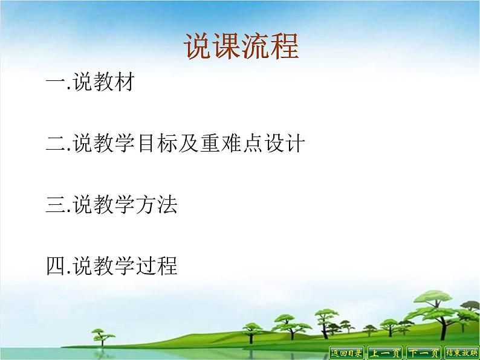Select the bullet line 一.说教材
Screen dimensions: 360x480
click(x=89, y=82)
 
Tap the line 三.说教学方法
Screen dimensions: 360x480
click(x=112, y=205)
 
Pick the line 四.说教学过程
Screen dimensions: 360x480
click(x=112, y=266)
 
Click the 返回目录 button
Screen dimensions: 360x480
click(x=347, y=353)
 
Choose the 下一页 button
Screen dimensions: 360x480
click(x=423, y=353)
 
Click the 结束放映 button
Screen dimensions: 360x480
click(x=462, y=353)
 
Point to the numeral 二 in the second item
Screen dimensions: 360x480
click(x=56, y=144)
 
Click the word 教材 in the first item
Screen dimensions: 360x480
click(x=111, y=82)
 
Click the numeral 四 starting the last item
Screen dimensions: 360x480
click(x=56, y=266)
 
